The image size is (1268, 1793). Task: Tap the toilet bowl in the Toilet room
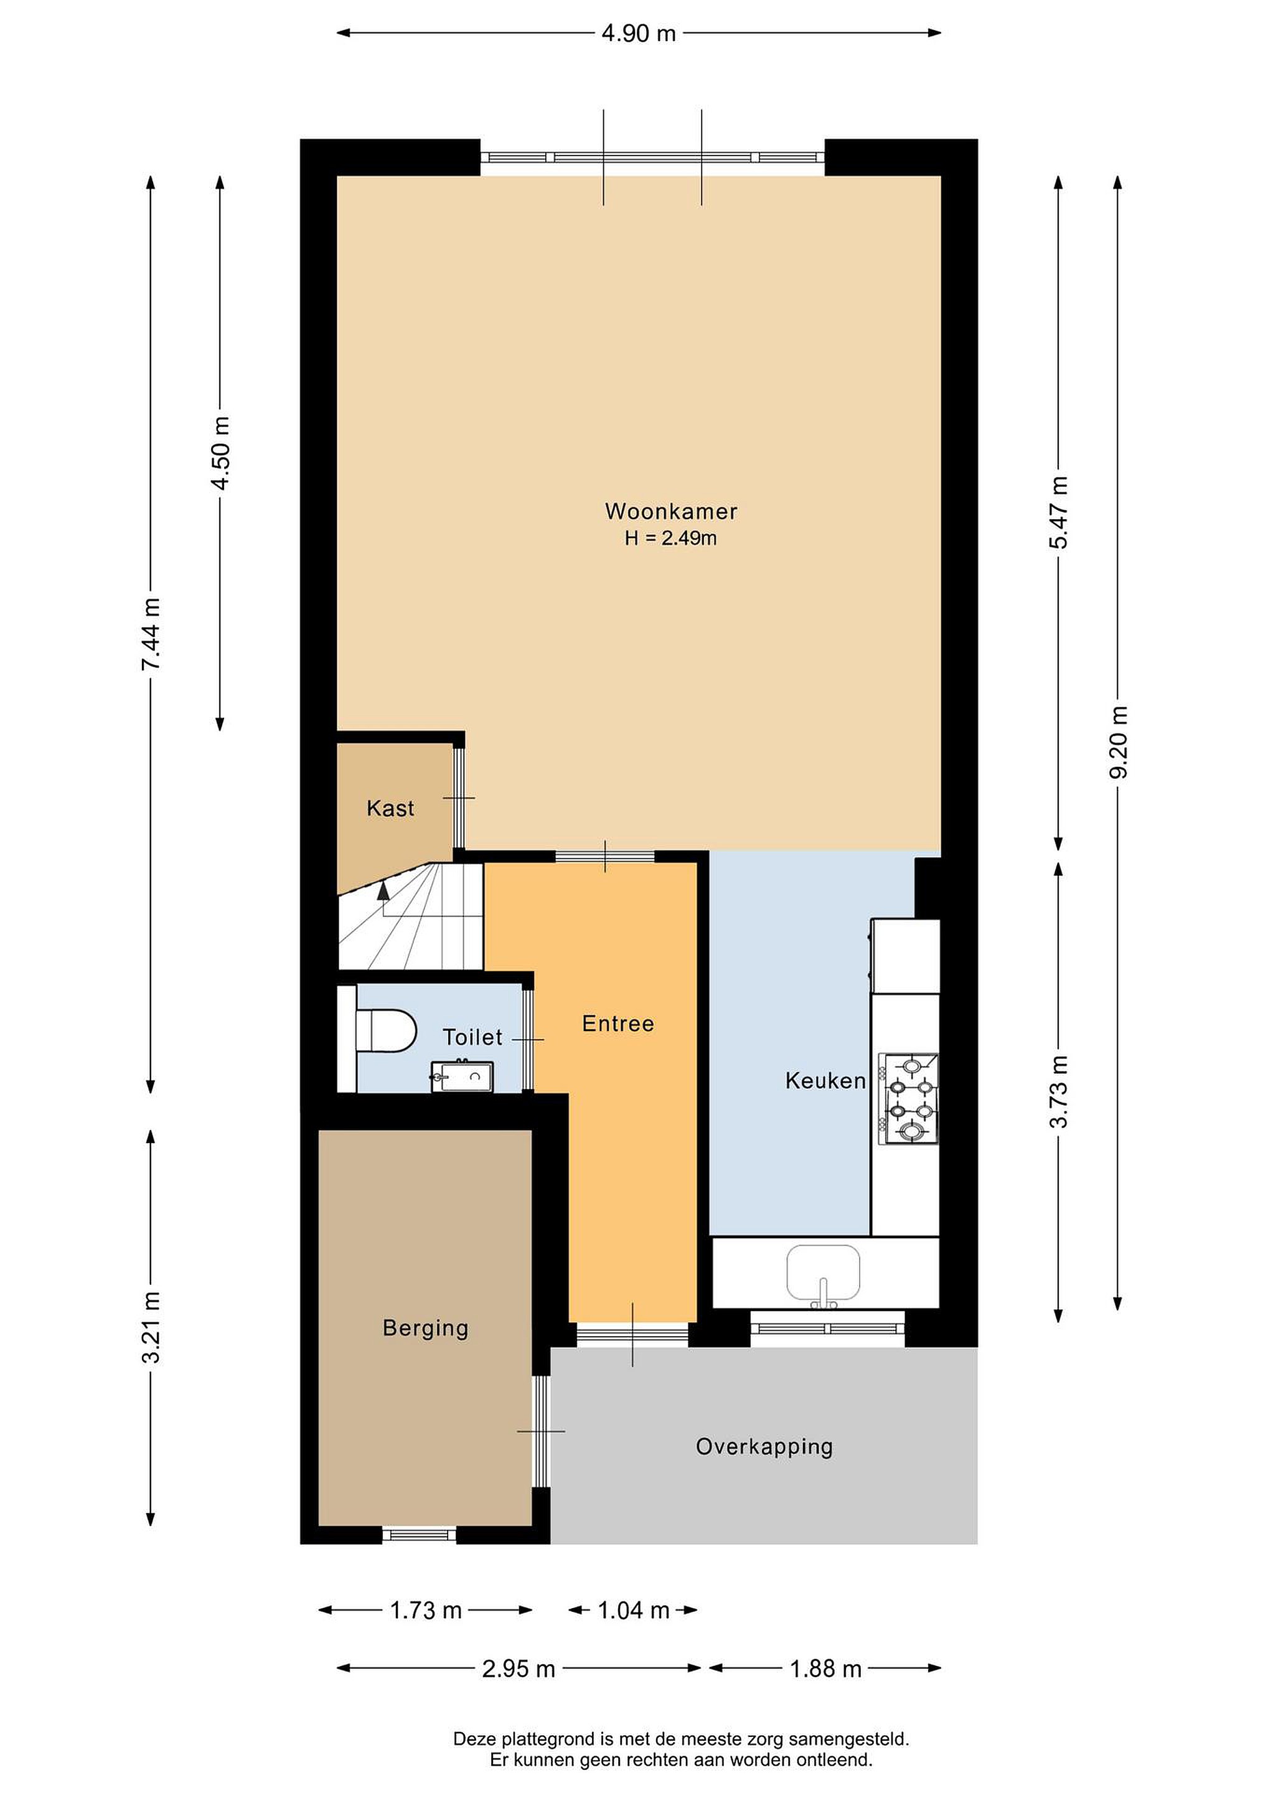tap(386, 1031)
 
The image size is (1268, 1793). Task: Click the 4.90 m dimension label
tap(639, 34)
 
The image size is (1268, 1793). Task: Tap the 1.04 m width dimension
tap(633, 1609)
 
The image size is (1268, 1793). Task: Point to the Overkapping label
tap(764, 1446)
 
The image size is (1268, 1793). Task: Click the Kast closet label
tap(390, 808)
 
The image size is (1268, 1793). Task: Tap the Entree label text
tap(618, 1023)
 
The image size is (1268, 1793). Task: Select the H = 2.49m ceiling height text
tap(670, 538)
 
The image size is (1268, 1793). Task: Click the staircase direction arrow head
tap(383, 888)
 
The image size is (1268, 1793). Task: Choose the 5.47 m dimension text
tap(1059, 512)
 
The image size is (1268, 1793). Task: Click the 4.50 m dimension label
tap(221, 453)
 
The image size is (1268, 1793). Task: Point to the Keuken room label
tap(825, 1081)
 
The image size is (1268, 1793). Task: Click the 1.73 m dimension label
tap(426, 1609)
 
